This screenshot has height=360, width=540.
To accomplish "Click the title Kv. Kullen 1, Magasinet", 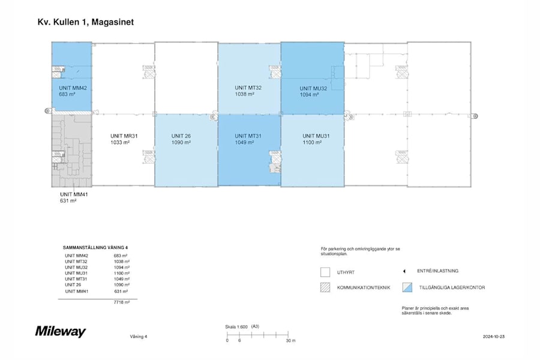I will [85, 22].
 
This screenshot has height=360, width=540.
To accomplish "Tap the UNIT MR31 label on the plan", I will [124, 136].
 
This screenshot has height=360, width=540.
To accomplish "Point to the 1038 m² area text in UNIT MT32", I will [244, 94].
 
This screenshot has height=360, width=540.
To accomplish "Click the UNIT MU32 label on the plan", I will [313, 88].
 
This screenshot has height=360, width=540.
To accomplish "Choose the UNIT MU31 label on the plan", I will [317, 136].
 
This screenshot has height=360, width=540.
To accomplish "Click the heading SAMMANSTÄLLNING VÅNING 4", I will [95, 247].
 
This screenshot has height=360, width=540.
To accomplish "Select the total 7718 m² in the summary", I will [122, 302].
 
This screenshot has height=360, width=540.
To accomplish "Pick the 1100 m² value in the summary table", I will [122, 273].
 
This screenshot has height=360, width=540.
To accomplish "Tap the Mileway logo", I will [61, 332].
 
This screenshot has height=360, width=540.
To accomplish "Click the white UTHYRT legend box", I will [325, 272].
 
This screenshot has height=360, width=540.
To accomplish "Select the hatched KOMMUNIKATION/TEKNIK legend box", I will [325, 287].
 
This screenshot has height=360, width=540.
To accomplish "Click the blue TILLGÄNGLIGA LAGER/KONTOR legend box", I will [407, 287].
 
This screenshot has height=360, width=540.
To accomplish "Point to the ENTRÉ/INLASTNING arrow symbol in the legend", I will [404, 271].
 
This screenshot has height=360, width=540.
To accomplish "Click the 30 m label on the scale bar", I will [290, 340].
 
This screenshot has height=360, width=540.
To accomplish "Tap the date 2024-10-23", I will [494, 337].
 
